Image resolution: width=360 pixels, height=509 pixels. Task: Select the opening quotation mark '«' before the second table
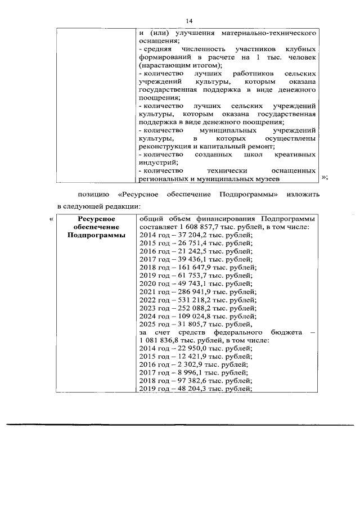pos(51,219)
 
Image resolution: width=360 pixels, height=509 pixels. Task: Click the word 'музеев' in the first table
pos(263,178)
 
